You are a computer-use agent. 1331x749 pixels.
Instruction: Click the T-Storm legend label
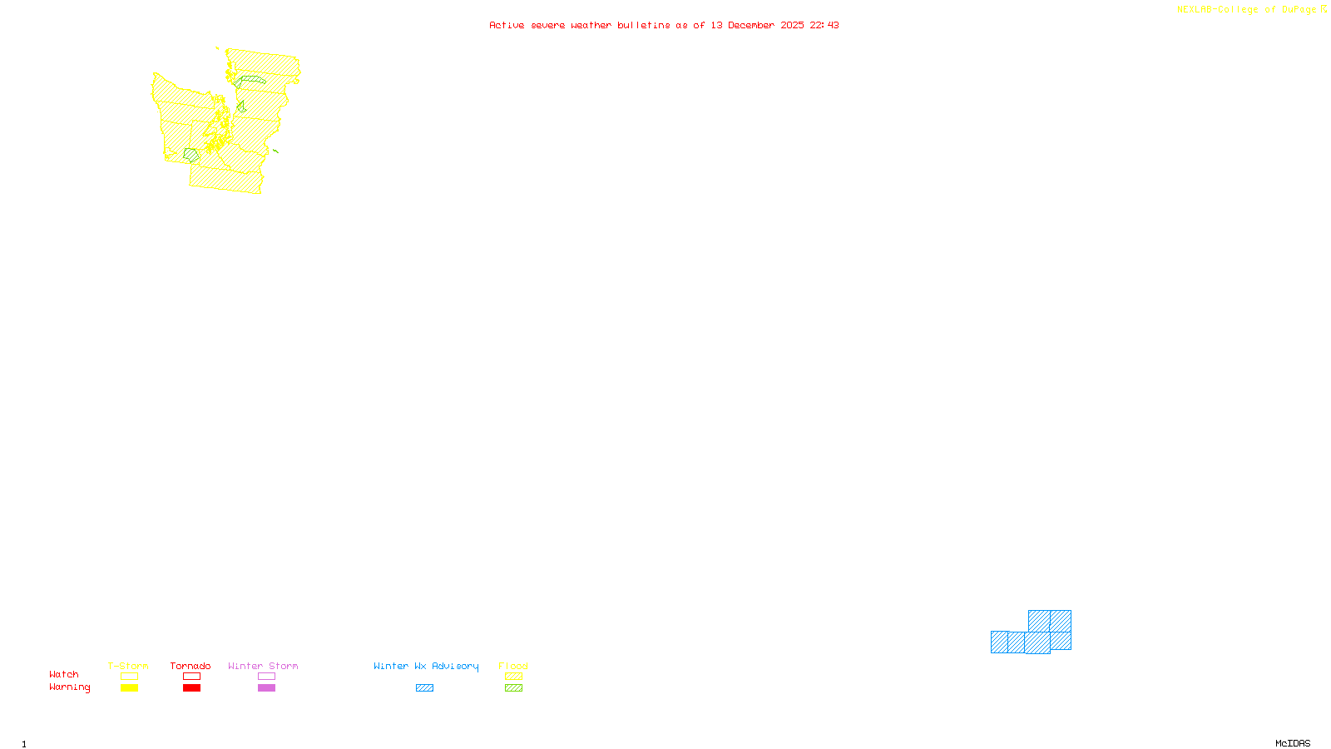tap(128, 666)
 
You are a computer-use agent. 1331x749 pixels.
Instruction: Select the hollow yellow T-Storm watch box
tap(129, 677)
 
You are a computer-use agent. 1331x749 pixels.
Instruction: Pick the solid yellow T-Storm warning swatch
tap(129, 688)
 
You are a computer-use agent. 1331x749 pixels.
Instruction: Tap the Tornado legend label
tap(190, 666)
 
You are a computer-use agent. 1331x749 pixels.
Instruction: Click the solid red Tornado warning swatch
tap(192, 688)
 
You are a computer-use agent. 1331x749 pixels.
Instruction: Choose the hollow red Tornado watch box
tap(192, 677)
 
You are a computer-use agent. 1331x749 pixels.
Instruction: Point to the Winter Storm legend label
tap(263, 666)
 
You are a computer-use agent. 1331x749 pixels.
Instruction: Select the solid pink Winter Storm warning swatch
tap(266, 688)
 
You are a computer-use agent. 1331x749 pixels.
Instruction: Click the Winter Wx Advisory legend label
tap(426, 666)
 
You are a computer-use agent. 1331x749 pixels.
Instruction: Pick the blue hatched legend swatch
tap(424, 688)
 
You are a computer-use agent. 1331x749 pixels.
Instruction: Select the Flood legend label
tap(513, 666)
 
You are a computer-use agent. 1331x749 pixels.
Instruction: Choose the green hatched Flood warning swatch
tap(514, 688)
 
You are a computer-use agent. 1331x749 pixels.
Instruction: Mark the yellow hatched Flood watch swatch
tap(514, 677)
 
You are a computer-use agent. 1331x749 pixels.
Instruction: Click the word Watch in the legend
tap(64, 674)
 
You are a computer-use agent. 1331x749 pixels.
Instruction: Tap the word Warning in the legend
tap(70, 687)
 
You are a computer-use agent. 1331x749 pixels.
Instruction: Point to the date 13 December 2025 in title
tap(757, 25)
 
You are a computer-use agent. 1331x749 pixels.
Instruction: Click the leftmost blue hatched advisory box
tap(999, 642)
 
